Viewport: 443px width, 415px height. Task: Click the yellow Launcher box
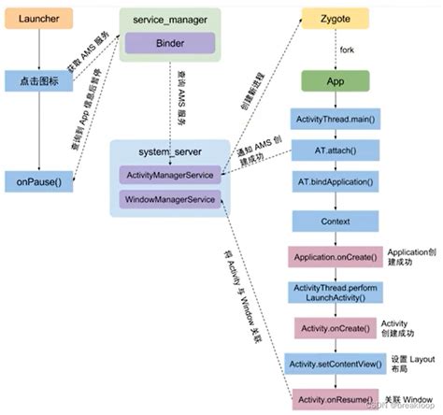(x=33, y=19)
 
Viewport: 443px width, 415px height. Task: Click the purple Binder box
(x=170, y=43)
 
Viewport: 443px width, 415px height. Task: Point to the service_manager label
(x=169, y=19)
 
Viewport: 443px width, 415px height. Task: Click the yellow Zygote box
(x=334, y=19)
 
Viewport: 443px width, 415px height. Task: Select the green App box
(x=334, y=82)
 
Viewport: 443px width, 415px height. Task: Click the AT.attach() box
(x=334, y=150)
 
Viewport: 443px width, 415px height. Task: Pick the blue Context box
(x=334, y=222)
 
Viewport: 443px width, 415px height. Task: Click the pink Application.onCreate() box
(x=334, y=255)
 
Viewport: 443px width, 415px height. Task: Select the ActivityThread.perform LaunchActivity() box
(x=334, y=293)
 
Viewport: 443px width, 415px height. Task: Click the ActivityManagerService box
(x=169, y=175)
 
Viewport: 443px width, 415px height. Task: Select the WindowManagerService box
(x=169, y=199)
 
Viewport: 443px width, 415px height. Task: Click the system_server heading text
(x=169, y=152)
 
